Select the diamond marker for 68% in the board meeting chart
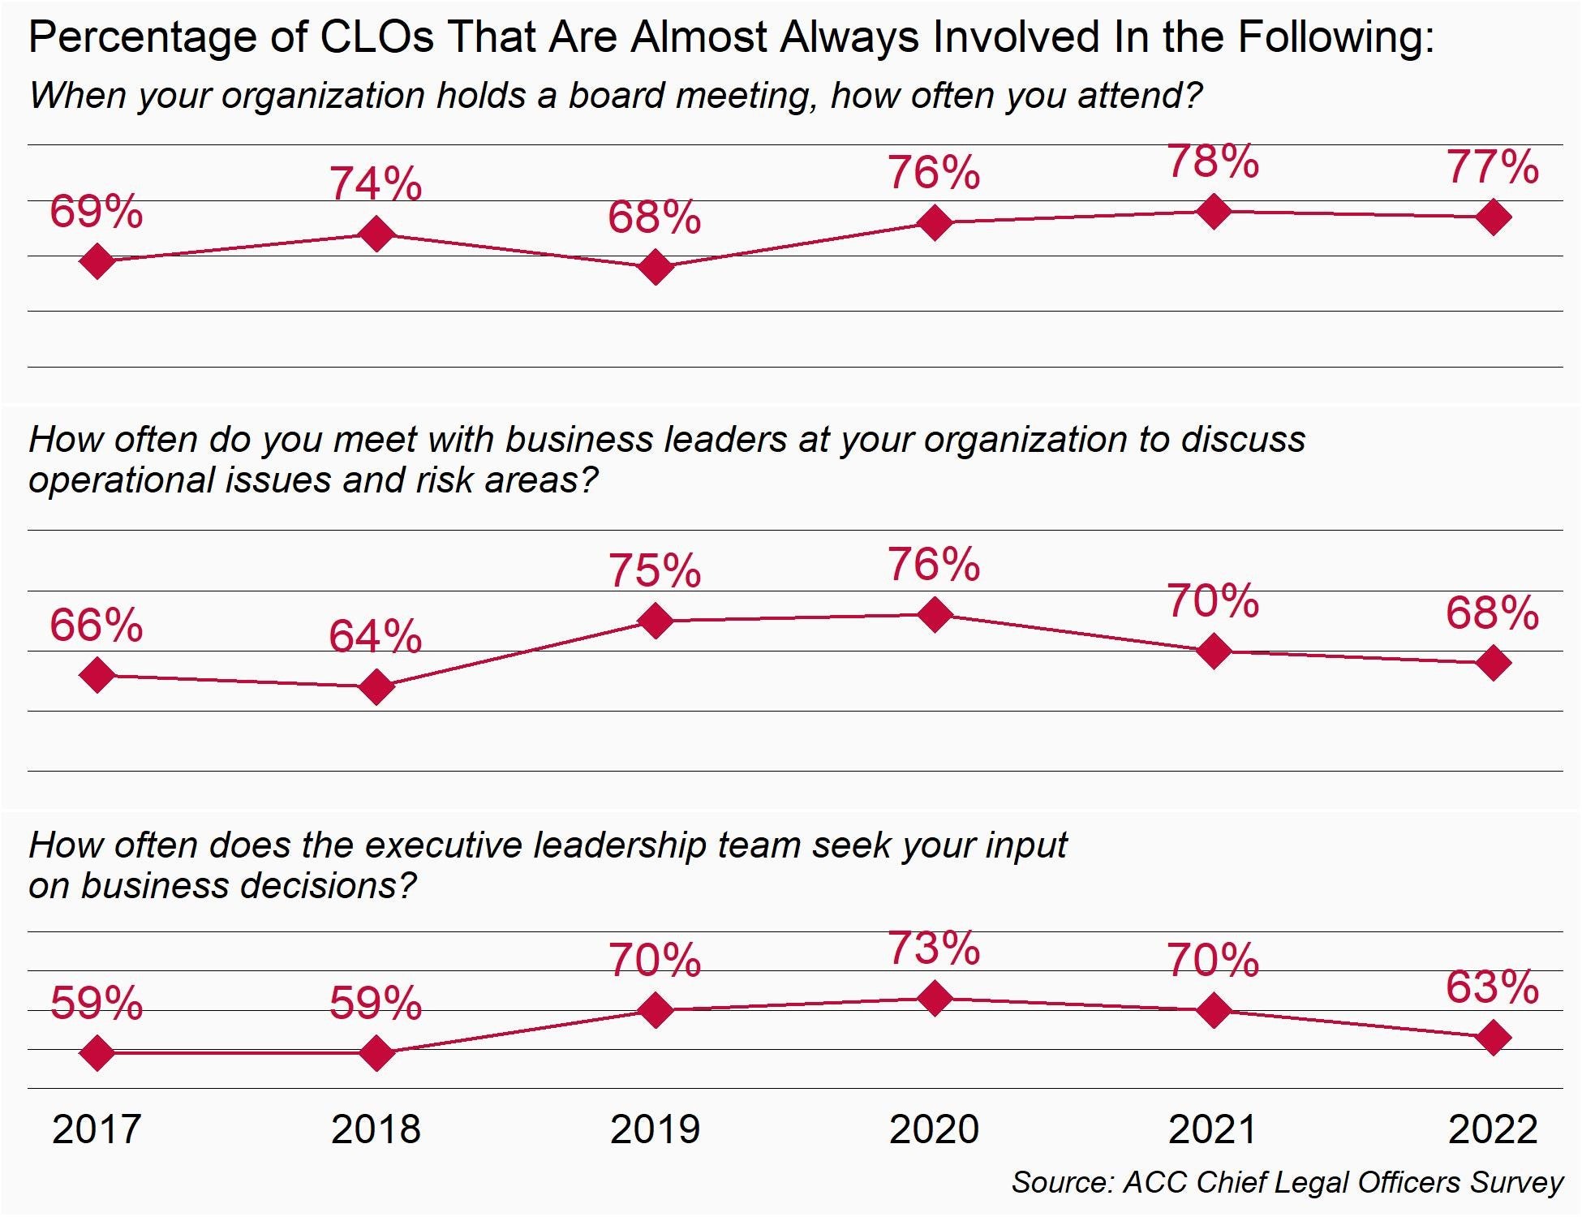656,267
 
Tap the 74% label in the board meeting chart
376,183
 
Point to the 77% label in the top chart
1492,167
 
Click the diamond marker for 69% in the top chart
97,261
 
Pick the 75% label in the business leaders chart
655,570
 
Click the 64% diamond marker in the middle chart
376,687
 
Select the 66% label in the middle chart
96,626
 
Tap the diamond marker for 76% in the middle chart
935,615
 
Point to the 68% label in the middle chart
1492,613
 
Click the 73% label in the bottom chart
934,948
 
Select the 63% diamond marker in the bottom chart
1494,1038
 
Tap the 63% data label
1492,987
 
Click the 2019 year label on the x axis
655,1129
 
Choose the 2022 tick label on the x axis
1493,1129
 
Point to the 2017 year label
97,1129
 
